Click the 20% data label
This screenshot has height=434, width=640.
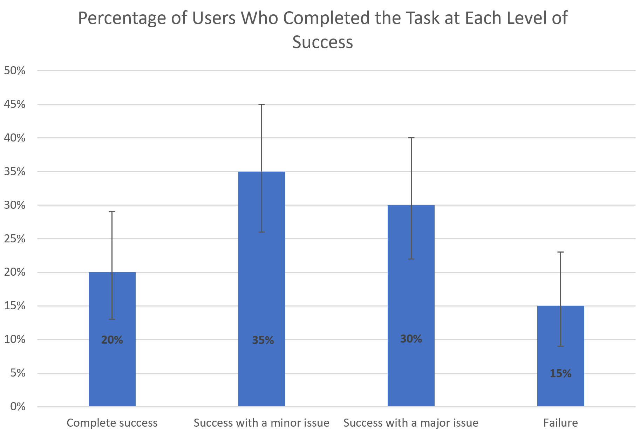click(x=112, y=340)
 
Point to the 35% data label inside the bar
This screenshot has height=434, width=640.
click(x=263, y=340)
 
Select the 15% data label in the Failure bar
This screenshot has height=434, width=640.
click(x=560, y=374)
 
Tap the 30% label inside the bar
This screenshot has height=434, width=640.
click(x=411, y=339)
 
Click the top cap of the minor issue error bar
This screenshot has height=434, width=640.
click(x=261, y=104)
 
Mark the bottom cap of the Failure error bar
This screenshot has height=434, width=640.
click(x=560, y=346)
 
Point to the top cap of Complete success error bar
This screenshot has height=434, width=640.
click(x=112, y=212)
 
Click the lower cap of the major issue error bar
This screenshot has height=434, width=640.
click(x=411, y=259)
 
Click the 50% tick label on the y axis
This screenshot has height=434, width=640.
click(x=15, y=71)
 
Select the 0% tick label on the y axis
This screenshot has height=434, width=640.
click(x=18, y=407)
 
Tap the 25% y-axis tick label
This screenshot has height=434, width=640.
click(x=15, y=239)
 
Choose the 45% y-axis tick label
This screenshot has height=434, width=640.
click(x=15, y=104)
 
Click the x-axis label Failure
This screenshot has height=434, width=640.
click(x=560, y=423)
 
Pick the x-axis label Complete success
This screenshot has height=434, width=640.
click(x=112, y=423)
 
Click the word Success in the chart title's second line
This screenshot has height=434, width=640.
click(x=322, y=42)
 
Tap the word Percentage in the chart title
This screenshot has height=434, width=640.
click(x=121, y=18)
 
